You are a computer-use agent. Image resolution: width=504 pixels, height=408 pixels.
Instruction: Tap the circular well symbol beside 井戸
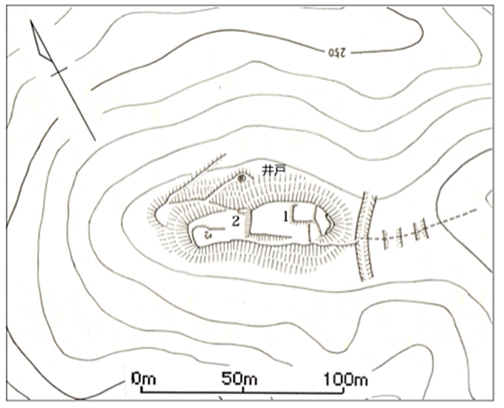[242, 177]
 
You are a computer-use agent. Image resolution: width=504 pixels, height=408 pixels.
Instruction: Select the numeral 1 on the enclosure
[286, 217]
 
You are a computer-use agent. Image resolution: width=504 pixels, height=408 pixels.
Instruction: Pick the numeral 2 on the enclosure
[236, 221]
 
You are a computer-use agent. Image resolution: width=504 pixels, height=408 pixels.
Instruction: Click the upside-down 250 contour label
[337, 53]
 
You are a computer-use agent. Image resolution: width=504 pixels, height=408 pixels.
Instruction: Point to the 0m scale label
[144, 379]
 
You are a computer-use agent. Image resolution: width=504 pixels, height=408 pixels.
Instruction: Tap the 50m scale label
[239, 379]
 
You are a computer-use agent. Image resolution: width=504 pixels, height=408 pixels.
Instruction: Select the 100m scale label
[346, 379]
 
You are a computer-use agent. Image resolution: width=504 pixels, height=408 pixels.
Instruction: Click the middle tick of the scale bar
[243, 390]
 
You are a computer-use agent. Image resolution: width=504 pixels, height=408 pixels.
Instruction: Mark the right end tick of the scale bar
[344, 390]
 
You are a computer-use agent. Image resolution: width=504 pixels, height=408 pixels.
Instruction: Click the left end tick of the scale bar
[141, 390]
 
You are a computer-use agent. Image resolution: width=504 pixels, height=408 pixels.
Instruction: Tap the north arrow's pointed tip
[31, 21]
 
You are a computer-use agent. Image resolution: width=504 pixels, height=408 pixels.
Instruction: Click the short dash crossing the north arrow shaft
[59, 72]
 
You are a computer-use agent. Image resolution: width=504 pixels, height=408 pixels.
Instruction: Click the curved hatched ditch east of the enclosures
[366, 237]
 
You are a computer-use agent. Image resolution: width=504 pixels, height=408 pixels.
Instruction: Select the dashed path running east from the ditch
[421, 226]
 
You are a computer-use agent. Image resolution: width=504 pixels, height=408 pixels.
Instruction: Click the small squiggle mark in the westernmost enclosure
[208, 234]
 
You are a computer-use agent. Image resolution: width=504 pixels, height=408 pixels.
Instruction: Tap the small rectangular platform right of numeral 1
[303, 213]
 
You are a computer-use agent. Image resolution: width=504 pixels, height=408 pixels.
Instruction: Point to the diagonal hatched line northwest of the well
[197, 178]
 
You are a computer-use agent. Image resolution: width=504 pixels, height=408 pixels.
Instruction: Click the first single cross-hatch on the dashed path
[385, 239]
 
